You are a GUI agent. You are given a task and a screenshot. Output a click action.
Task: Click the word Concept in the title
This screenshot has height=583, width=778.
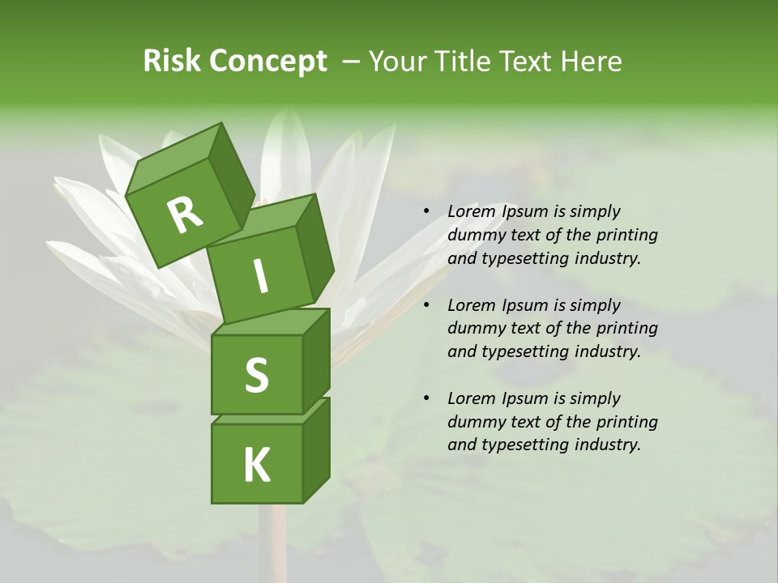coord(267,62)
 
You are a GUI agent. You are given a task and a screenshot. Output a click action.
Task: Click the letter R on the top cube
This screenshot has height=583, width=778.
coord(185,215)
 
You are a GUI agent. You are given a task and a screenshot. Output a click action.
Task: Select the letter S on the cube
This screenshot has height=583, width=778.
coord(256,375)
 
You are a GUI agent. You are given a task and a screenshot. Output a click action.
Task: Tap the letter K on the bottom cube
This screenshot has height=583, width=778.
coord(256,465)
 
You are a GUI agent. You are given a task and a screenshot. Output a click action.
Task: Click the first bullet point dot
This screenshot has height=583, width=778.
coord(426,212)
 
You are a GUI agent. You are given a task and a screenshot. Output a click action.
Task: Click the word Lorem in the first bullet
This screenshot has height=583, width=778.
coord(470,211)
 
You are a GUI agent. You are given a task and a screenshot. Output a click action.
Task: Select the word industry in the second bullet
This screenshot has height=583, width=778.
coord(607,351)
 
